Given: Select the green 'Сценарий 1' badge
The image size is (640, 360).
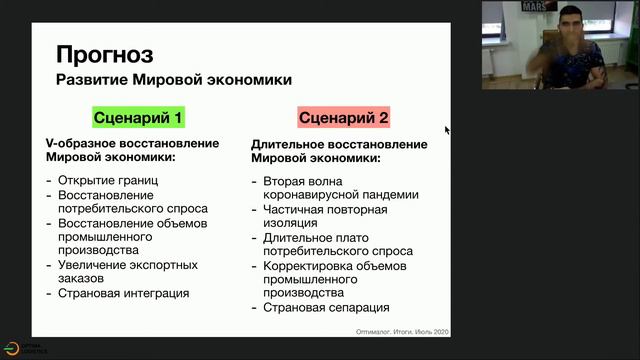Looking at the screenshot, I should [138, 118].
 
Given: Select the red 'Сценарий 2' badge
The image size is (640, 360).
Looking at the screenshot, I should [343, 118].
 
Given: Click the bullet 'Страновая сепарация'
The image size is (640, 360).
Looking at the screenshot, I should [326, 308].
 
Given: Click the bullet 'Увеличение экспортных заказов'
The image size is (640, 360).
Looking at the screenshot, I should [127, 271].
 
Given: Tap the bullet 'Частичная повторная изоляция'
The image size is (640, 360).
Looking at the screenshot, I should [325, 216].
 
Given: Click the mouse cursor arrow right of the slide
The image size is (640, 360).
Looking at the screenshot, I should [447, 129].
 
